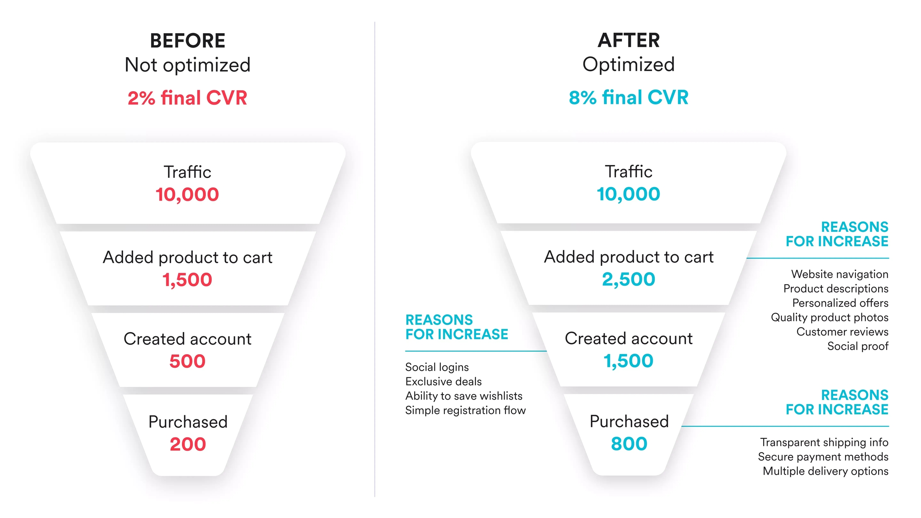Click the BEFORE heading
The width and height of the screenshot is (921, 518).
click(x=187, y=41)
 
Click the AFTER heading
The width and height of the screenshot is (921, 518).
click(x=629, y=40)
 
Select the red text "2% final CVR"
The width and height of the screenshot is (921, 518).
click(x=187, y=98)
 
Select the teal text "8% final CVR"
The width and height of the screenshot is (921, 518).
click(x=629, y=98)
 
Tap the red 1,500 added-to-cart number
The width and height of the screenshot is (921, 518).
click(x=187, y=280)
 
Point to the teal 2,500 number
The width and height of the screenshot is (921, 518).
click(x=629, y=279)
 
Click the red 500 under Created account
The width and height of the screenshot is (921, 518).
click(x=187, y=361)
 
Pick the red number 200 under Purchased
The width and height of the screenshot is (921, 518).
click(x=188, y=444)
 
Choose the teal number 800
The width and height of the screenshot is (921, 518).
click(x=629, y=444)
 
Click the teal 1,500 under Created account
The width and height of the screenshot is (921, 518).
click(x=629, y=361)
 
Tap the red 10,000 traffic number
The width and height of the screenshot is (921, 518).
click(x=187, y=195)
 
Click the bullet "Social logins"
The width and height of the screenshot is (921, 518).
click(x=437, y=367)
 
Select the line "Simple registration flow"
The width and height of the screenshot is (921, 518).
click(x=466, y=410)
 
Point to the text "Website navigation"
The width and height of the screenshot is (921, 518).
click(x=840, y=274)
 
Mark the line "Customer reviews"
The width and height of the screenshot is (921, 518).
click(x=843, y=332)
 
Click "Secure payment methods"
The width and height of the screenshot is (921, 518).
click(x=823, y=457)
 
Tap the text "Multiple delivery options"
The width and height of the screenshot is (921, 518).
click(x=826, y=471)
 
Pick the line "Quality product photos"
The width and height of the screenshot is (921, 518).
click(x=830, y=317)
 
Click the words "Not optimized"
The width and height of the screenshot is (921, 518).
click(x=187, y=65)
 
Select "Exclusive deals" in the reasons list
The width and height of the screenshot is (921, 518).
click(x=444, y=382)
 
